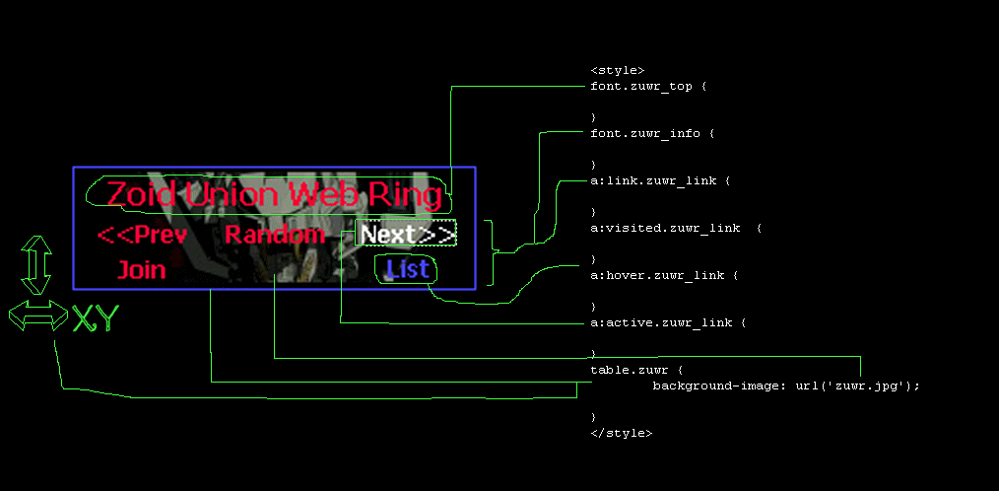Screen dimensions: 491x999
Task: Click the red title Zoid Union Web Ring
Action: tap(273, 194)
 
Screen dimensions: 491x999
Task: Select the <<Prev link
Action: tap(142, 235)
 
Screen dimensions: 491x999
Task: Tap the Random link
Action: tap(275, 235)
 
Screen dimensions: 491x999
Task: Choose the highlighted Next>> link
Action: tap(406, 234)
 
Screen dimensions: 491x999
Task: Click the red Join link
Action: tap(142, 269)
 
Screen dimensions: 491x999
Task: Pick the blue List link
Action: tap(407, 268)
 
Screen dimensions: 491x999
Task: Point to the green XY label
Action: tap(96, 318)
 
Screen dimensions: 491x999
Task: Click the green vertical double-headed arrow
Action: tap(36, 264)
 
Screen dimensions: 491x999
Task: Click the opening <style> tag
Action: tap(618, 70)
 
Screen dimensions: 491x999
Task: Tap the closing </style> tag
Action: tap(621, 433)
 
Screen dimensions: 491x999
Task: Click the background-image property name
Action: tap(714, 386)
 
